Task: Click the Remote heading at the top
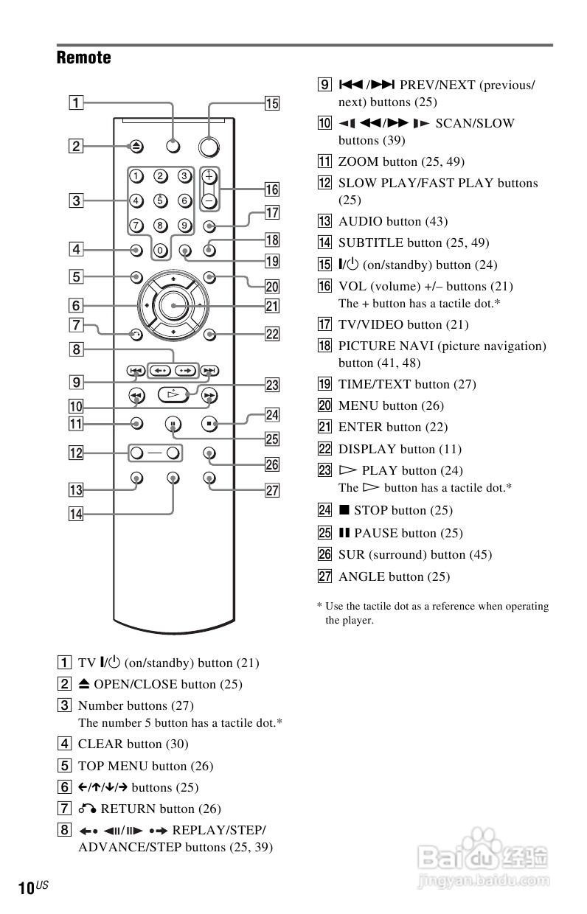[83, 57]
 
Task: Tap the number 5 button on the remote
[160, 199]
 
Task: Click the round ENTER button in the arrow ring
[173, 305]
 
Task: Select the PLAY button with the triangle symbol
[173, 396]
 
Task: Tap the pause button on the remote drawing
[173, 424]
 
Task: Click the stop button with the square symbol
[209, 424]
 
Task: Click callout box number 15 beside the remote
[272, 103]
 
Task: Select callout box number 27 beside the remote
[272, 491]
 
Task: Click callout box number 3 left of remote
[77, 199]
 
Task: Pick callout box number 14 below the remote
[77, 514]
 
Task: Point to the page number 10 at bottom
[25, 888]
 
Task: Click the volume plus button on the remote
[209, 177]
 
